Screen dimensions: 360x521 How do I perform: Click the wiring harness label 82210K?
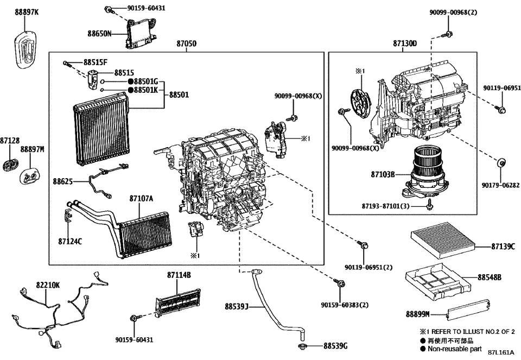(x=48, y=284)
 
